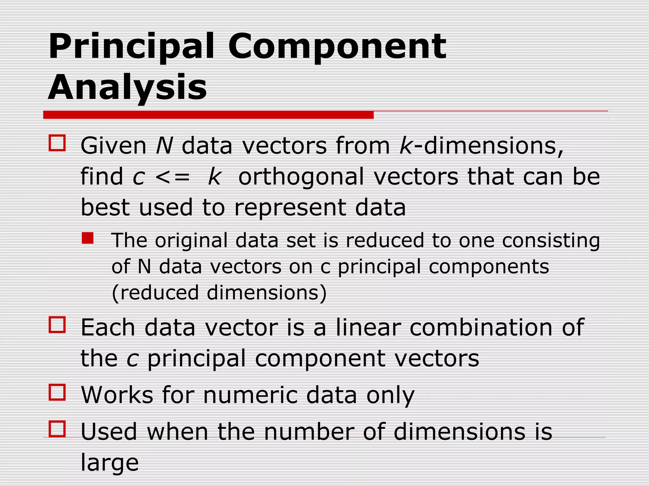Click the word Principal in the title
pyautogui.click(x=132, y=47)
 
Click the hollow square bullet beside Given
pyautogui.click(x=57, y=143)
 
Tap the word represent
pyautogui.click(x=290, y=208)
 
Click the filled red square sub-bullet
pyautogui.click(x=87, y=238)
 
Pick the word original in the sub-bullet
pyautogui.click(x=191, y=240)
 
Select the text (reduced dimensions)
pyautogui.click(x=219, y=293)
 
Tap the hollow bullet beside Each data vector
pyautogui.click(x=57, y=325)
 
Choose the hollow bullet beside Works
pyautogui.click(x=57, y=392)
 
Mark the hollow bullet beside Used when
pyautogui.click(x=57, y=429)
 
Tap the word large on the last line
pyautogui.click(x=110, y=463)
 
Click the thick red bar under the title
pyautogui.click(x=208, y=115)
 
